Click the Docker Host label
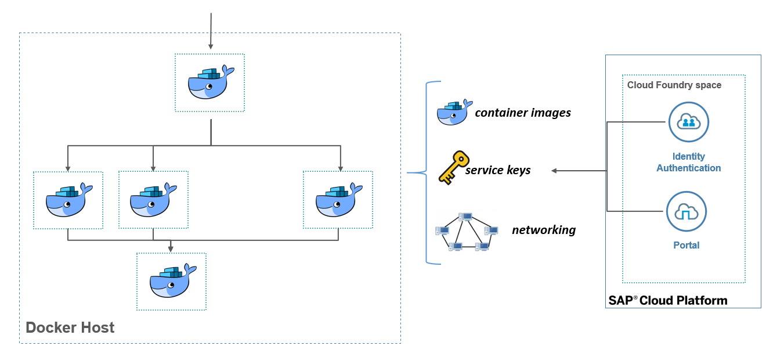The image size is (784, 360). coord(70,327)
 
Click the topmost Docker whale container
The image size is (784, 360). coord(210,82)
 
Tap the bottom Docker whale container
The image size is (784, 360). coord(172,281)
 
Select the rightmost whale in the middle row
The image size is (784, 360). coord(338,200)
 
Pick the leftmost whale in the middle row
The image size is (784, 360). coord(68,200)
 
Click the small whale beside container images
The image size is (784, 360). coord(452,113)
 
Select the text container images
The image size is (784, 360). coord(523,113)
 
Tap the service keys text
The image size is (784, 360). coord(498,171)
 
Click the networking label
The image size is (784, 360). coord(544,230)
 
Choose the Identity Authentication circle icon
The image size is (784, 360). coord(689,122)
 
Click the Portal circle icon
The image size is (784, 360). coord(687,212)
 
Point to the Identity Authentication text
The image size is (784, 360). coord(689,162)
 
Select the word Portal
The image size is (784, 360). coord(687,245)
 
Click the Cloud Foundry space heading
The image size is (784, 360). coord(674,85)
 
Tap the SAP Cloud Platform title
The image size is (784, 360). coord(667,300)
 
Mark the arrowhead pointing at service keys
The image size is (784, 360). coord(554,171)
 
